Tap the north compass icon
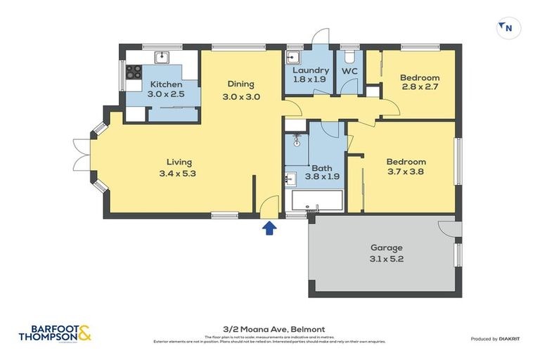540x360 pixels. tap(505, 27)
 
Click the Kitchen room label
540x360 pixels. tap(166, 84)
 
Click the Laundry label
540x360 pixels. tap(310, 70)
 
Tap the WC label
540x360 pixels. tap(349, 71)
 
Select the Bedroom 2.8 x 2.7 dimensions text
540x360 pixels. tap(420, 89)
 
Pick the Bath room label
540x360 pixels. tap(322, 168)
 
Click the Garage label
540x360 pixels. tap(386, 247)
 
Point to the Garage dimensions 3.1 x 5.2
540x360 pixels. tap(386, 259)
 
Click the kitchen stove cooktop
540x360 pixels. tap(134, 72)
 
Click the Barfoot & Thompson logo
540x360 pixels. tap(55, 334)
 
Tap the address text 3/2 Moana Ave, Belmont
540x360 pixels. tap(269, 328)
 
